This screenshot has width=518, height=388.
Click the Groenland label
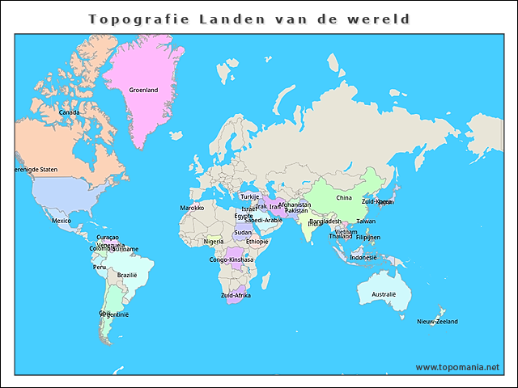tap(143, 91)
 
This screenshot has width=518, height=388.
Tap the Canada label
tap(69, 112)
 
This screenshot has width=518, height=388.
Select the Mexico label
tap(62, 221)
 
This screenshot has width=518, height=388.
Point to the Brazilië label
tap(127, 275)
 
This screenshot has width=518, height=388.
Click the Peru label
tap(100, 267)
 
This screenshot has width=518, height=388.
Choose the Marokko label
tap(192, 208)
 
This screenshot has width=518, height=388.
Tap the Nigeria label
tap(214, 241)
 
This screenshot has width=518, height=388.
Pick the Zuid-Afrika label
tap(236, 295)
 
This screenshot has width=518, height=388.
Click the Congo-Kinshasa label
tap(231, 259)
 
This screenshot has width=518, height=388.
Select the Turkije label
tap(249, 196)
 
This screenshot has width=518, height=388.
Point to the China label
tap(344, 197)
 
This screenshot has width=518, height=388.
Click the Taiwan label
tap(366, 221)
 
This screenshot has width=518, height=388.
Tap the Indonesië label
tap(363, 257)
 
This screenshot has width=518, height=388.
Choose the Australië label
tap(384, 294)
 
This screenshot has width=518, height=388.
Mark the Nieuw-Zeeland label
tap(437, 322)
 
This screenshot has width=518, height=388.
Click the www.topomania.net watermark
tap(457, 367)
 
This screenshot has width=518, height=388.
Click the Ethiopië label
tap(257, 241)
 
